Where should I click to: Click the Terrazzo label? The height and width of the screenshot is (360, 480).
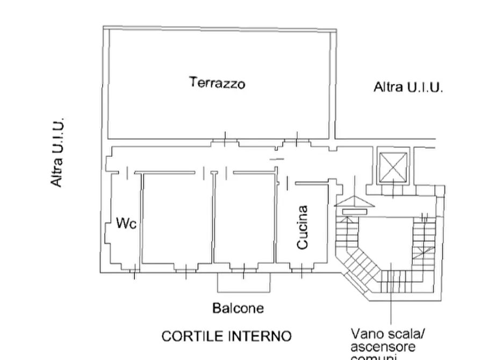[217, 83]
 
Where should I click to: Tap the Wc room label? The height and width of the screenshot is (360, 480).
[126, 224]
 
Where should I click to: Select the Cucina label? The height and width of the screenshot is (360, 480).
[303, 227]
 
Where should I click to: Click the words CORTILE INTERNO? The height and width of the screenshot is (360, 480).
[226, 336]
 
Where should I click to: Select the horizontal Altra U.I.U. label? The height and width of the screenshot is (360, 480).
[408, 87]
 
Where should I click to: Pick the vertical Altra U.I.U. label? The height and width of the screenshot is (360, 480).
[58, 153]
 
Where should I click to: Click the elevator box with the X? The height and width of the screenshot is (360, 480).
[392, 166]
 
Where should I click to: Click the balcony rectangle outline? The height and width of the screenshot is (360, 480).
[243, 283]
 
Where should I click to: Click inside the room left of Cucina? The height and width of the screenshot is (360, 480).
[245, 218]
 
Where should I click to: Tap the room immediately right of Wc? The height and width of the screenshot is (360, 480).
[177, 218]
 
